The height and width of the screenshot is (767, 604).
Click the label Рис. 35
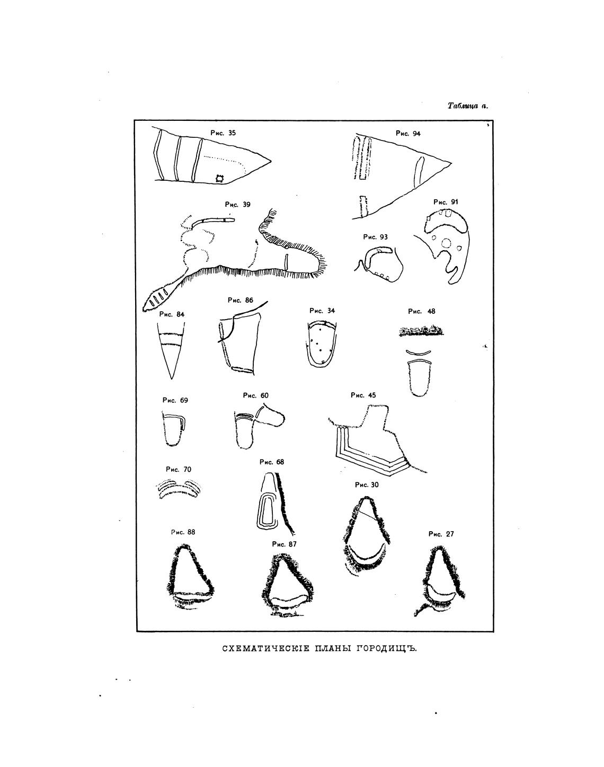223,133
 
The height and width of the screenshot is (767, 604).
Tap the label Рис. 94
408,133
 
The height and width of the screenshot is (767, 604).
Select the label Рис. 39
238,204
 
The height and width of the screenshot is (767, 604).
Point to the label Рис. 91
446,202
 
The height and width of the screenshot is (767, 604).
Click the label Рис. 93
376,237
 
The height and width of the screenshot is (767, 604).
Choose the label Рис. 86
241,300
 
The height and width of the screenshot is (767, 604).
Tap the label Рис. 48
422,311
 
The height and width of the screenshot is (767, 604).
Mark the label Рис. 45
363,395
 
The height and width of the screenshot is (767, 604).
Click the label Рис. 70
179,470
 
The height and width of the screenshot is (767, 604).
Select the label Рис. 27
441,534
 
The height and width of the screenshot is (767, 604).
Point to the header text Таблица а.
467,106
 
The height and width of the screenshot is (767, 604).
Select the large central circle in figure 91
446,244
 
